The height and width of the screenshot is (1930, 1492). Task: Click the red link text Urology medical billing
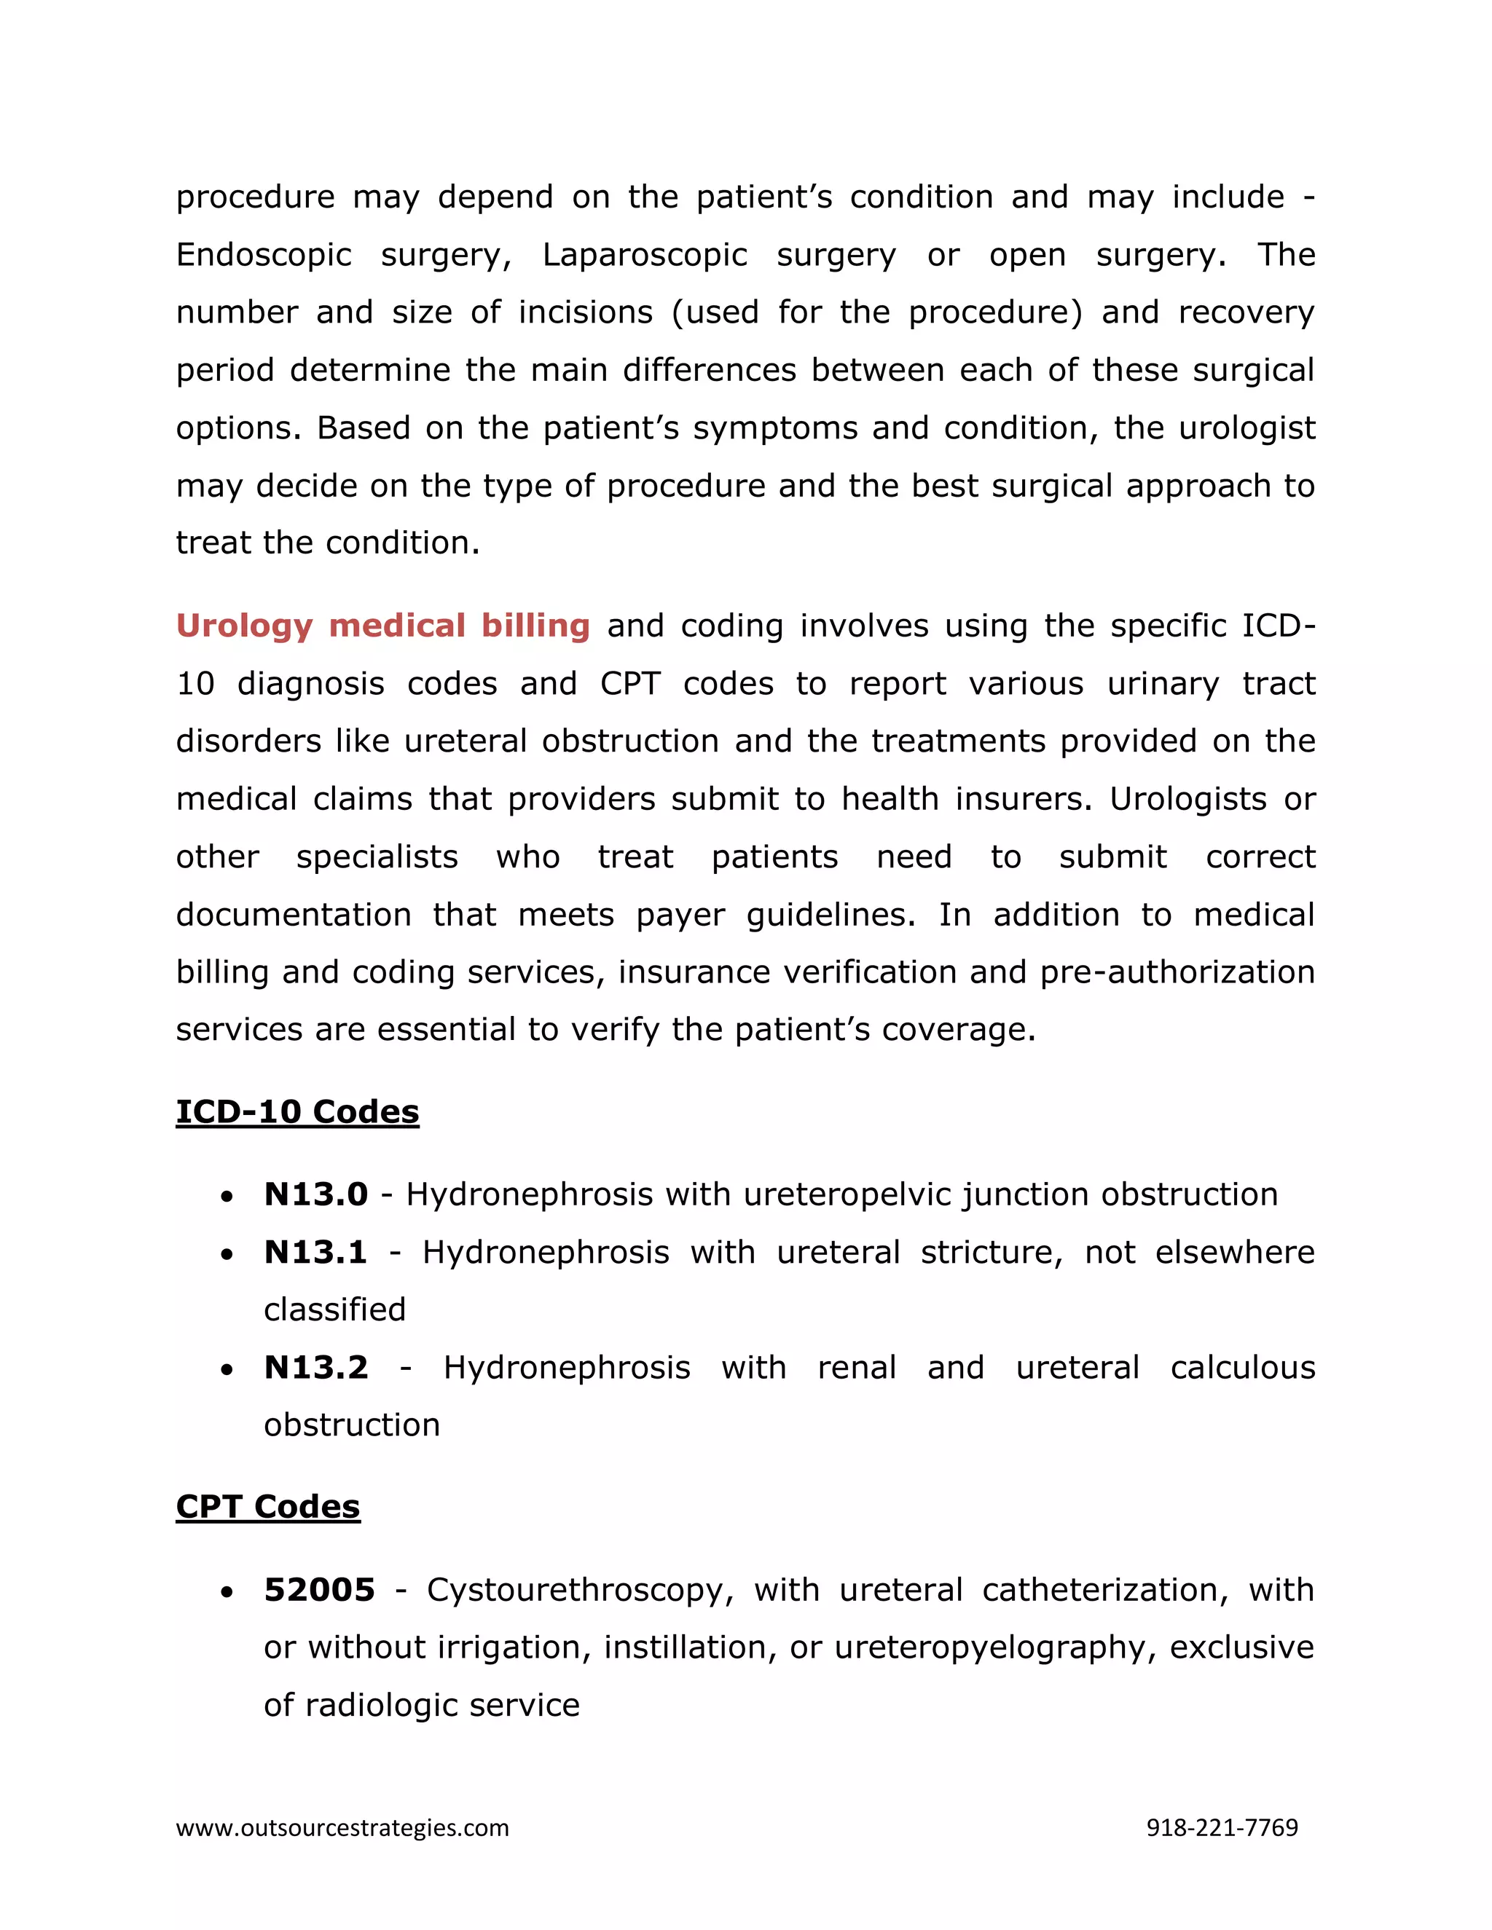382,626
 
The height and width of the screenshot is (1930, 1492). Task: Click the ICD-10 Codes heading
297,1111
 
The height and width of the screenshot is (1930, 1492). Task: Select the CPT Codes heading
268,1507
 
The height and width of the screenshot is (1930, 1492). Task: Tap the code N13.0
315,1194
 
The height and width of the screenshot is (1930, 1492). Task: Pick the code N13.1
315,1252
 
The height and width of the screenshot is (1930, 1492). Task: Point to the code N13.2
315,1367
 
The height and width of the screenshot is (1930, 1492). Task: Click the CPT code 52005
319,1590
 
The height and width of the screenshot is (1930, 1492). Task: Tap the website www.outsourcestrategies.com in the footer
342,1827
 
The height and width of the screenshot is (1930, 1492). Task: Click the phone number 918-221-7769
1222,1827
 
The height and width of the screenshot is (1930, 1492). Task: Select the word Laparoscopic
644,254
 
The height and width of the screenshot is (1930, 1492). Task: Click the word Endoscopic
264,254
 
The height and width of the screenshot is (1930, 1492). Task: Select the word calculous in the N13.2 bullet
1243,1367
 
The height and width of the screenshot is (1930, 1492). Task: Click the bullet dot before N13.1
228,1254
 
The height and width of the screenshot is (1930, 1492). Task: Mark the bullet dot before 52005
228,1591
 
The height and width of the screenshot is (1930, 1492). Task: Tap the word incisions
585,312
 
